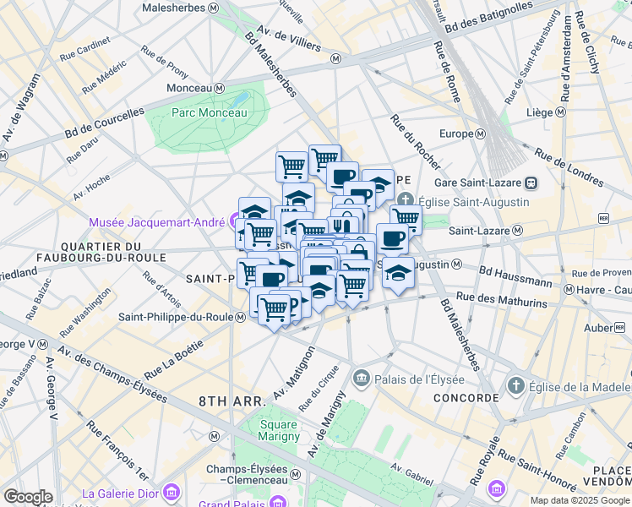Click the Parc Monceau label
point(209,112)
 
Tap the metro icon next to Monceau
point(219,88)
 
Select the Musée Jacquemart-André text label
point(157,222)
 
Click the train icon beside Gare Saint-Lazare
point(530,182)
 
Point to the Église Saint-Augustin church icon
point(406,202)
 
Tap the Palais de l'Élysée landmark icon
point(362,376)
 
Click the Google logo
point(28,497)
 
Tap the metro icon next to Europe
point(480,134)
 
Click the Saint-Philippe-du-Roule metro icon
point(240,317)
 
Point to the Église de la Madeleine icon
point(515,386)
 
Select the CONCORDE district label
point(466,397)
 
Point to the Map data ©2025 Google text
point(579,500)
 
